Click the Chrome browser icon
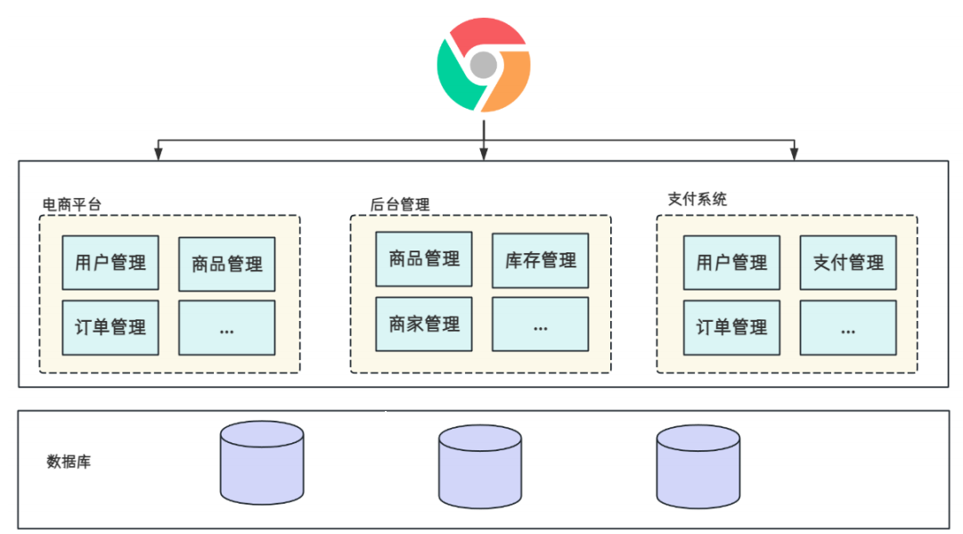pyautogui.click(x=483, y=64)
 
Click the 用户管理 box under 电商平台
pyautogui.click(x=110, y=262)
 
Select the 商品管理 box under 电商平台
pyautogui.click(x=227, y=264)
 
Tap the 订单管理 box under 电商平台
pyautogui.click(x=110, y=327)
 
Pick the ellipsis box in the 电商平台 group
pyautogui.click(x=227, y=328)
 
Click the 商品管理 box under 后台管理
pyautogui.click(x=424, y=259)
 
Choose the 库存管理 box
pyautogui.click(x=541, y=260)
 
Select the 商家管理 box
pyautogui.click(x=424, y=325)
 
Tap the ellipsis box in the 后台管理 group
pyautogui.click(x=541, y=325)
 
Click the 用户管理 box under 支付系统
pyautogui.click(x=731, y=262)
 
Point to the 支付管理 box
pyautogui.click(x=848, y=262)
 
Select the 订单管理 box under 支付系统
pyautogui.click(x=731, y=327)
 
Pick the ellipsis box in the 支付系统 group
pyautogui.click(x=848, y=327)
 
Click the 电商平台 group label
pyautogui.click(x=72, y=204)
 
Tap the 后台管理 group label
pyautogui.click(x=400, y=204)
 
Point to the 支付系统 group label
pyautogui.click(x=697, y=200)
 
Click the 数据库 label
pyautogui.click(x=69, y=462)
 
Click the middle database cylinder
pyautogui.click(x=480, y=465)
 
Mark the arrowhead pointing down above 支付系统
pyautogui.click(x=794, y=155)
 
